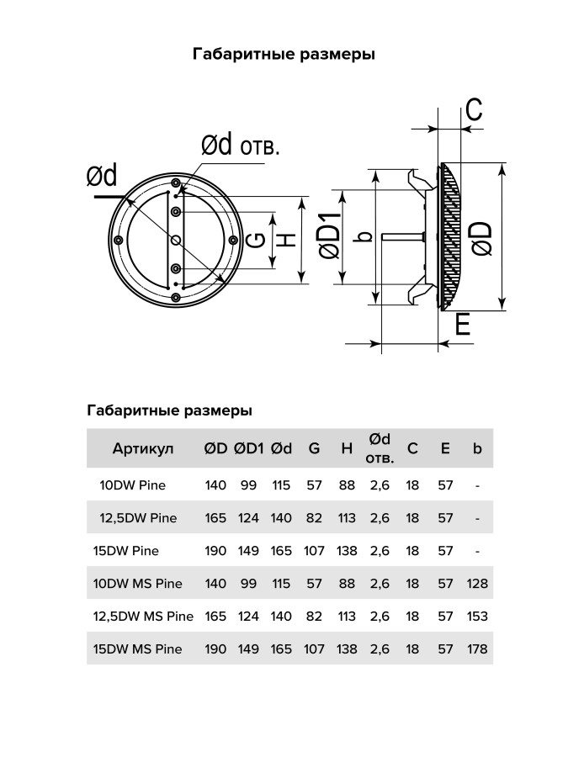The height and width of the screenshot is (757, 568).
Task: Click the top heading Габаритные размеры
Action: point(284,54)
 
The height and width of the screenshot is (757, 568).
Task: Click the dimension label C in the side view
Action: point(474,110)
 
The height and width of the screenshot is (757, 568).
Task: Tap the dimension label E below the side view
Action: point(462,326)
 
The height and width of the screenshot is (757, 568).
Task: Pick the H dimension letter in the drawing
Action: point(287,240)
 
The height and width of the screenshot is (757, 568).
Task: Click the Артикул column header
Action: point(142,448)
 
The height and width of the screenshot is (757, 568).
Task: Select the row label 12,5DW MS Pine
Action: point(143,616)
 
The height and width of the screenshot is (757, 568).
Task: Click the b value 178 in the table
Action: point(477,648)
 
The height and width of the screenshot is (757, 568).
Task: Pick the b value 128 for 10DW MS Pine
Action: point(477,583)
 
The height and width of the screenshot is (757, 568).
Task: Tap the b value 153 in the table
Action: point(477,616)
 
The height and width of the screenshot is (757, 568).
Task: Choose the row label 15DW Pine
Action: point(126,551)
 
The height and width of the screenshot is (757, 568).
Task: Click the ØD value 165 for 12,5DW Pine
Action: point(215,518)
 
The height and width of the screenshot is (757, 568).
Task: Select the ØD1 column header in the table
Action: point(248,448)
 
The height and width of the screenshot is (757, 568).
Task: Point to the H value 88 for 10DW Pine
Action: point(347,485)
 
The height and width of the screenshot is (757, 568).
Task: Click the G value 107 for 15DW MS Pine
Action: point(314,648)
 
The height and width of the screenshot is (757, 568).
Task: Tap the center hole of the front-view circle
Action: point(175,241)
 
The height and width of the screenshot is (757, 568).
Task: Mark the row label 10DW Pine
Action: point(133,485)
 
